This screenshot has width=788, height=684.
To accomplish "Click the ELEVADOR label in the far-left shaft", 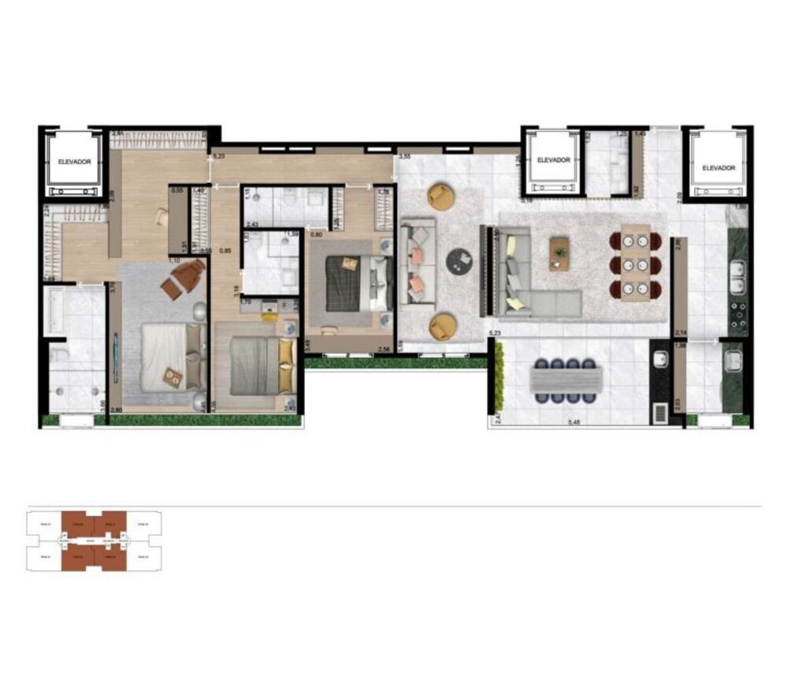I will click(x=74, y=162).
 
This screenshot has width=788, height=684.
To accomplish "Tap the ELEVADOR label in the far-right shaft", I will click(x=718, y=168).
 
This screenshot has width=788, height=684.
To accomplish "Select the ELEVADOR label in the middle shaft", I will click(x=553, y=160).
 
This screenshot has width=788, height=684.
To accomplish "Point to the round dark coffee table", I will click(x=459, y=262).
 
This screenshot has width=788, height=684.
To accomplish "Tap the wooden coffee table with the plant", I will click(x=559, y=249).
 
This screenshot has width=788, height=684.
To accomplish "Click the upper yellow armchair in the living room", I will click(x=441, y=196).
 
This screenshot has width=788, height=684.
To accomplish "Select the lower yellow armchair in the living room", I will click(x=442, y=324).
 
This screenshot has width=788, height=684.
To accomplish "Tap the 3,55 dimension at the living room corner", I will click(x=405, y=158).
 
